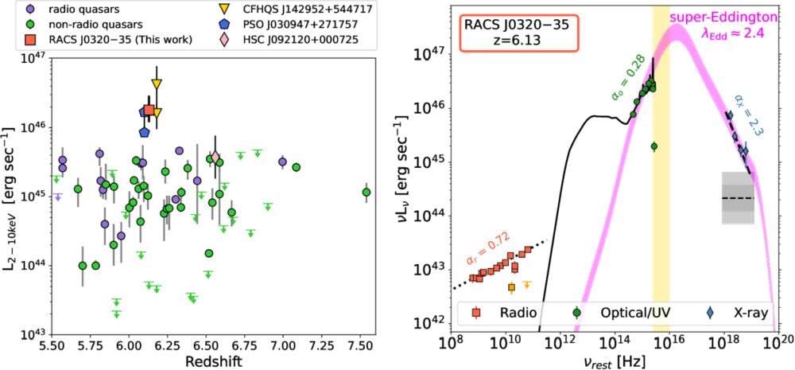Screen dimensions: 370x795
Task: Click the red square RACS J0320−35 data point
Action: click(149, 111)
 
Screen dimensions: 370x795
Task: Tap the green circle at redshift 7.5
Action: click(366, 193)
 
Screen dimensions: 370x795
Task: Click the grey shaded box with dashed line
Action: click(737, 197)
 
